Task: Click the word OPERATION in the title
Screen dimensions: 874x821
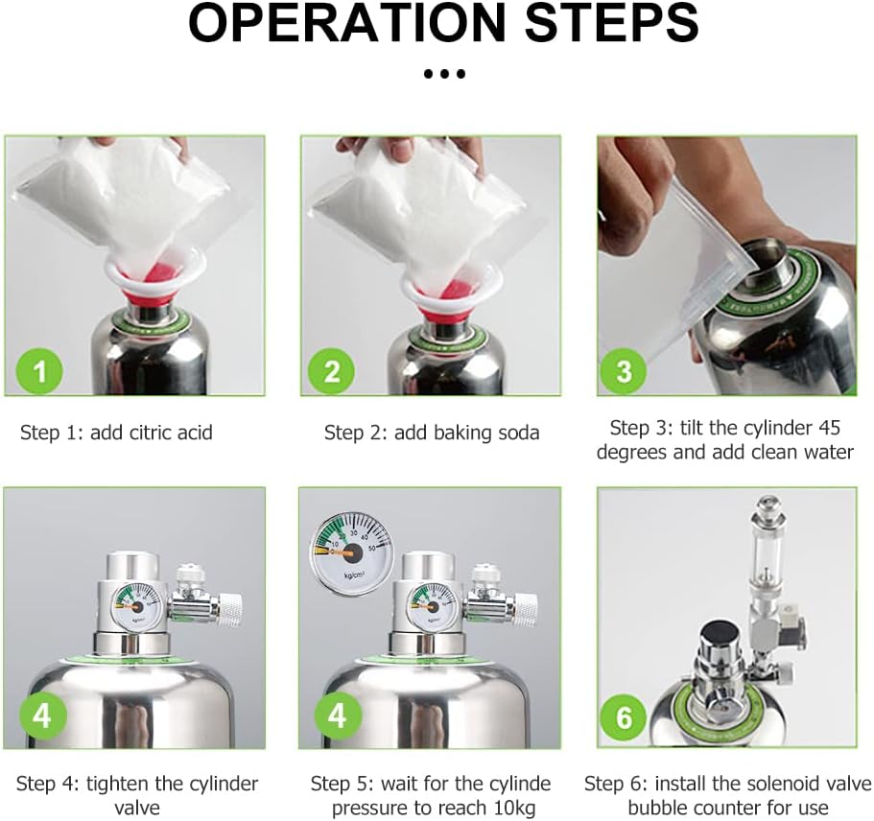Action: tap(346, 22)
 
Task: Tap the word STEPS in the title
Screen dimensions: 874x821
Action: tap(611, 22)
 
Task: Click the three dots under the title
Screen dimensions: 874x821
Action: tap(444, 74)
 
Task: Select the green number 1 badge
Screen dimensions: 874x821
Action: tap(40, 370)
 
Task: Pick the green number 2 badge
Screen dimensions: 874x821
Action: tap(332, 370)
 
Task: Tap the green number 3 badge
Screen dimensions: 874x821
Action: tap(624, 370)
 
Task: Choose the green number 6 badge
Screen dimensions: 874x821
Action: tap(624, 717)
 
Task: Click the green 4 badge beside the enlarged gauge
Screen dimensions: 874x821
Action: tap(338, 715)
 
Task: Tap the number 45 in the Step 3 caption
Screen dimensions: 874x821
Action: tap(830, 428)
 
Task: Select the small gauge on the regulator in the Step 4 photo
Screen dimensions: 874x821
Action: tap(139, 603)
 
